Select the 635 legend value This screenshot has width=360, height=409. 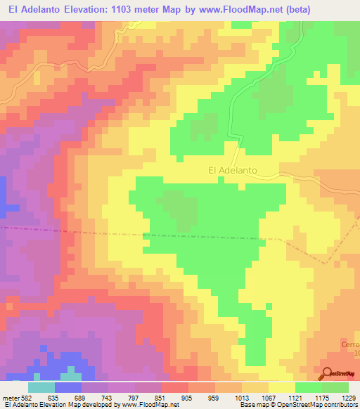tap(53, 397)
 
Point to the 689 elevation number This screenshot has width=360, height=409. tap(79, 397)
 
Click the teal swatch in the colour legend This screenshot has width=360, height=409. tap(41, 387)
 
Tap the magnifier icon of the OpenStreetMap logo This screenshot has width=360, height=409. tap(327, 373)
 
